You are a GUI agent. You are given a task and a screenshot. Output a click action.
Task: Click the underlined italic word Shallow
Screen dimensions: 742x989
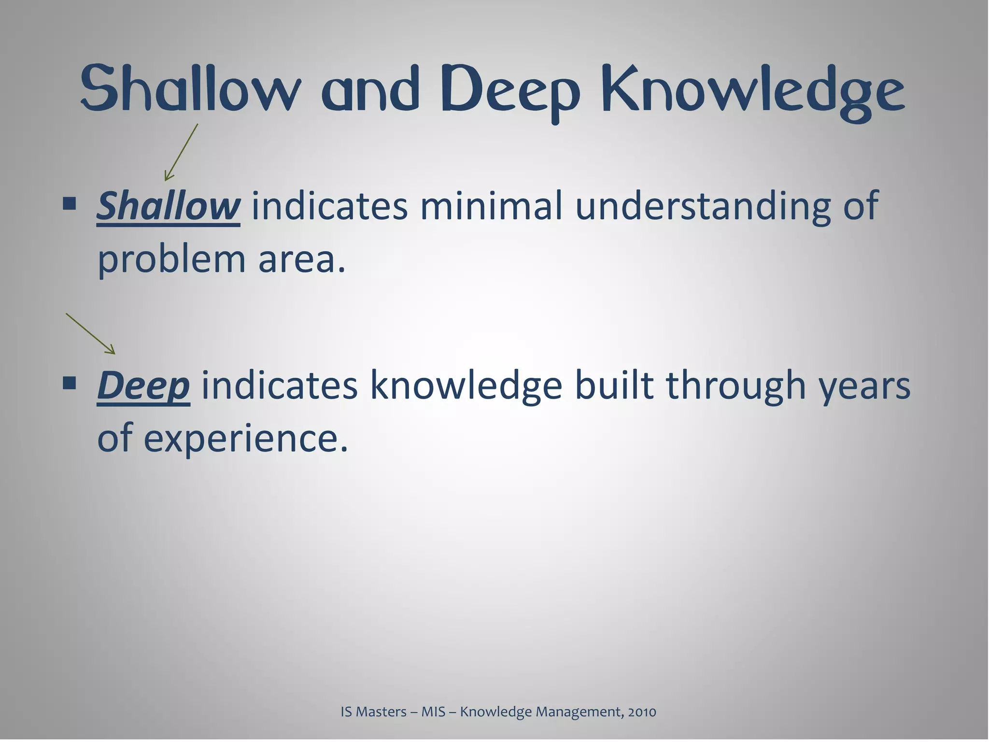168,206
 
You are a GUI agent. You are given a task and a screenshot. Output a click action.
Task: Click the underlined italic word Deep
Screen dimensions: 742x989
143,385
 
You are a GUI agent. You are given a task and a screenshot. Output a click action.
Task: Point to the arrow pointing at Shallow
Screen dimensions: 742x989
181,153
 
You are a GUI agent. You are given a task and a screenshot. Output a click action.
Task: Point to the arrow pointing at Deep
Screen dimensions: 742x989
91,334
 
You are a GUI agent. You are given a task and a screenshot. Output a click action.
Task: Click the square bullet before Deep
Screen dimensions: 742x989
70,384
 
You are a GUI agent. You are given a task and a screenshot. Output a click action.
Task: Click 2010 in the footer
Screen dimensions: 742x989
642,712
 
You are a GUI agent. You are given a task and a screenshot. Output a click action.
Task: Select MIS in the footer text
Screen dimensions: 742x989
433,712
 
